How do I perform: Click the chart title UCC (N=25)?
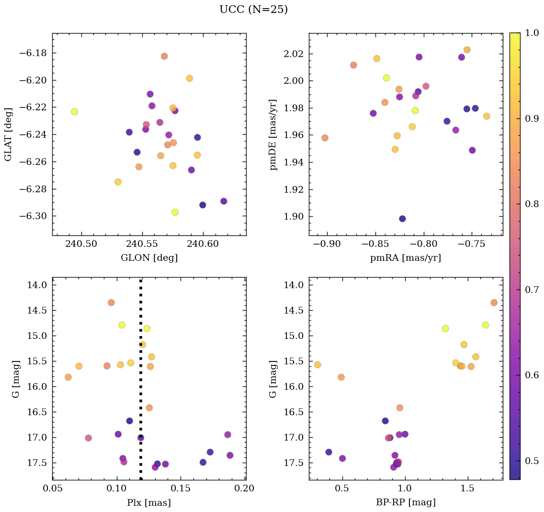point(253,10)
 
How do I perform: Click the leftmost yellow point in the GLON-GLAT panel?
point(74,112)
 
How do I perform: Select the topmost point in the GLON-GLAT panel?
point(164,56)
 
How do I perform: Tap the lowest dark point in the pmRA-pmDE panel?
point(402,219)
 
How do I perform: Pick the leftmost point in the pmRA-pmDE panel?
point(325,138)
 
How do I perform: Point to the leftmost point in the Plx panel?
point(68,377)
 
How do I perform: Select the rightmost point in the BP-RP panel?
point(494,303)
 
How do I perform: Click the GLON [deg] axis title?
point(149,258)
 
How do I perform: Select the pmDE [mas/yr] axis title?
point(273,134)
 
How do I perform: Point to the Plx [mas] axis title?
point(149,502)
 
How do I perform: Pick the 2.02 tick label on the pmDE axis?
point(291,53)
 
